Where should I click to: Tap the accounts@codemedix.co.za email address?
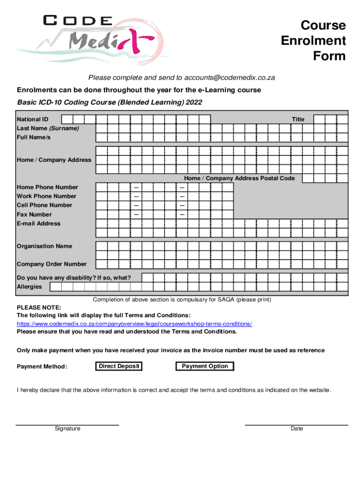point(230,78)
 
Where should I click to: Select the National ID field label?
point(32,119)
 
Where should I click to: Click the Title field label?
point(298,119)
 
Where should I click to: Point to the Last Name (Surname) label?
point(48,128)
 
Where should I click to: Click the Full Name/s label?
point(34,137)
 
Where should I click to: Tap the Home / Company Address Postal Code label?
point(239,178)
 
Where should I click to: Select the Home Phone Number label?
point(47,187)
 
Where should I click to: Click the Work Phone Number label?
point(46,196)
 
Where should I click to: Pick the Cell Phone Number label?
point(44,205)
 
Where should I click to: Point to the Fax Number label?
point(34,214)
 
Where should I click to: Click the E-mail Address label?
point(38,223)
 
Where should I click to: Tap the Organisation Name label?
point(44,246)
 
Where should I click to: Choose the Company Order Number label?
point(51,264)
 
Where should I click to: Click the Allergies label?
point(29,287)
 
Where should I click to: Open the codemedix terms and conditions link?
point(134,324)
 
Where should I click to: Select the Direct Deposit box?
point(119,366)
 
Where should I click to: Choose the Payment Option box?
point(205,366)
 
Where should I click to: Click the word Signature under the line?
point(67,428)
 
